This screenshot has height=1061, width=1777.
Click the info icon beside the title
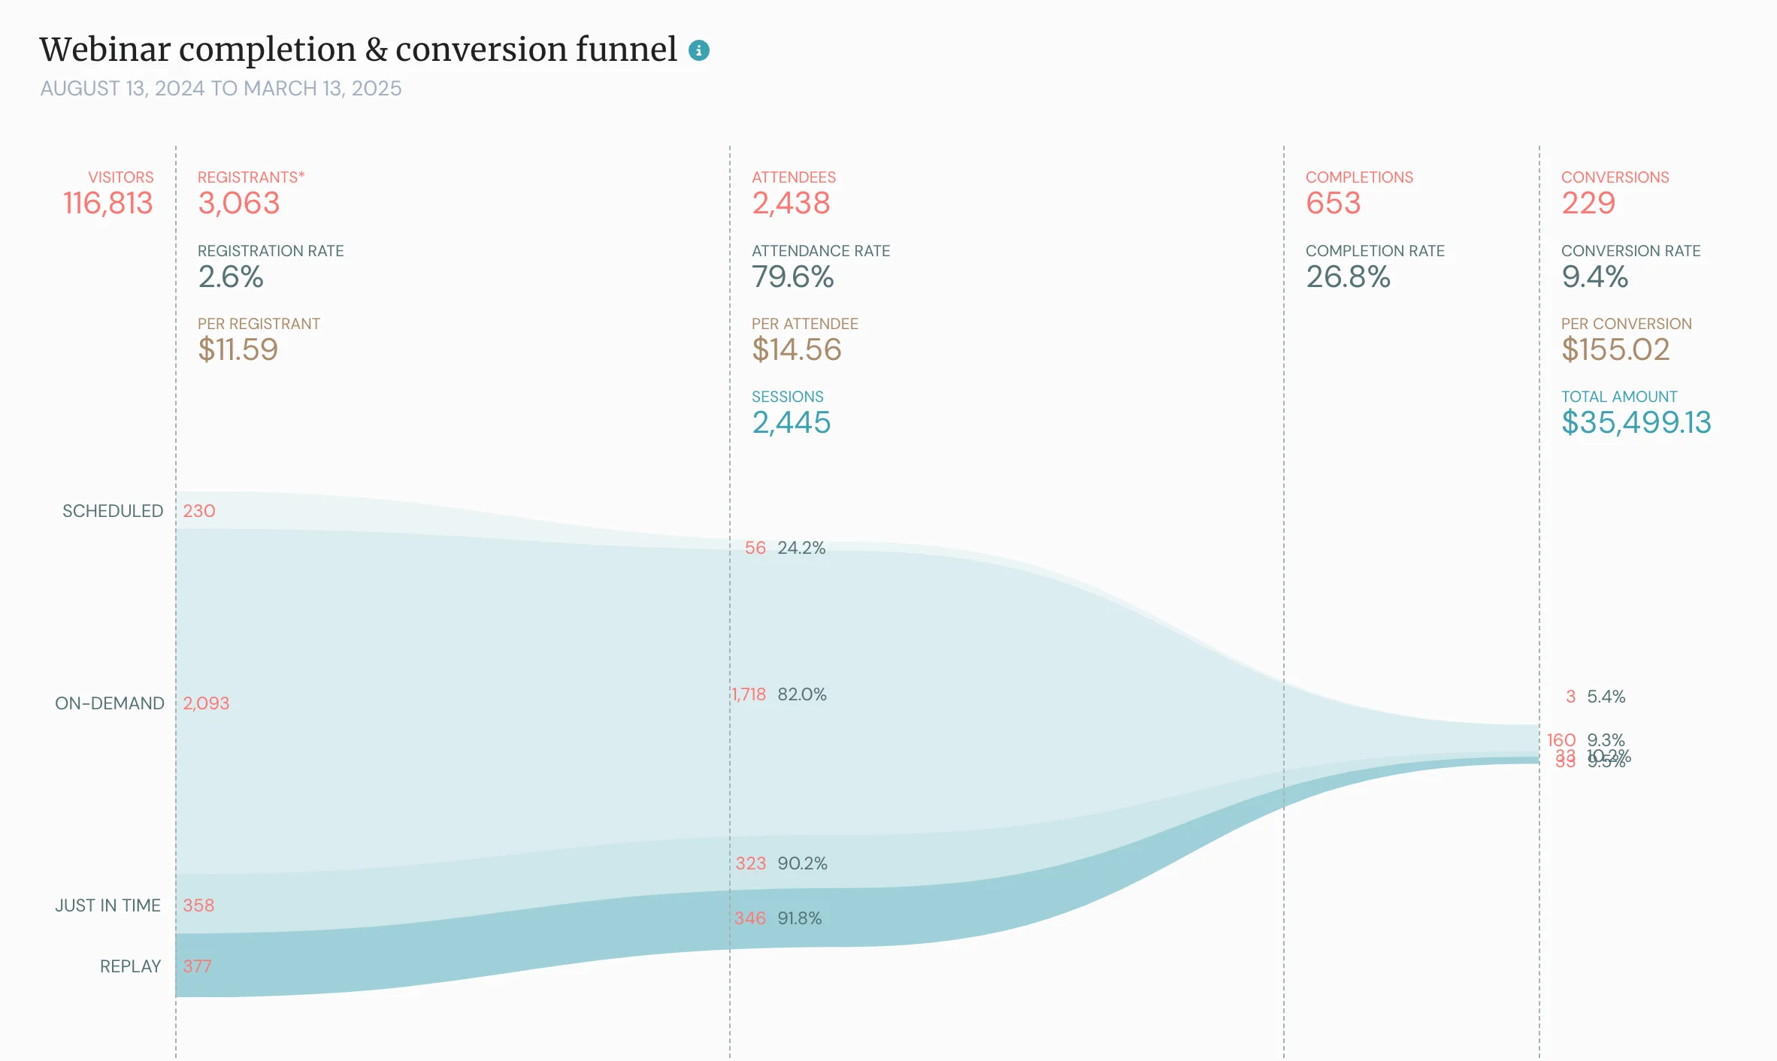(698, 50)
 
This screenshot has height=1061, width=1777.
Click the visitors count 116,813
(107, 204)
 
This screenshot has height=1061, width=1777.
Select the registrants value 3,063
(238, 204)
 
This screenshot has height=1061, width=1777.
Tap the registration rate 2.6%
(230, 277)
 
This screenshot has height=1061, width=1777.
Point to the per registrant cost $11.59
(238, 349)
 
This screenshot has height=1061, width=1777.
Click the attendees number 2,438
(791, 204)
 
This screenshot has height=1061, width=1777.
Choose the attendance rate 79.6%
(792, 277)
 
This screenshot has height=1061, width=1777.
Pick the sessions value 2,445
(791, 422)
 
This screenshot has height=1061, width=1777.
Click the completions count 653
(1333, 204)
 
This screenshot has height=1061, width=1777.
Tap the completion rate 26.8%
(1348, 277)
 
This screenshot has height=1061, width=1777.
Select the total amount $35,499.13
(1636, 422)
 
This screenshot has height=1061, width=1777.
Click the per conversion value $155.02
(1615, 349)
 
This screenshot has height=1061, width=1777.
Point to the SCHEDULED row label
(113, 511)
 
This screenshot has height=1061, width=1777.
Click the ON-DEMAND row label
(110, 703)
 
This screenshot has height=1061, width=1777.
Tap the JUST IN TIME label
(107, 905)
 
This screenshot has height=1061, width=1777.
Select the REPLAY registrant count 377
(197, 966)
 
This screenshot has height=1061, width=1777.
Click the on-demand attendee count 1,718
(749, 694)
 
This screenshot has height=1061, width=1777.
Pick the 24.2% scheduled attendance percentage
(801, 548)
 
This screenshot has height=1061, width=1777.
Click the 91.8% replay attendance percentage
(799, 918)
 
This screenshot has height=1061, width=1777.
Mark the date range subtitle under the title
(220, 89)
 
